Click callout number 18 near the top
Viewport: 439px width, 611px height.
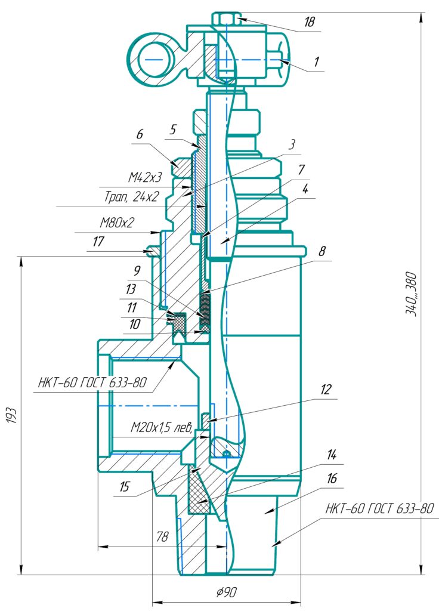[310, 21]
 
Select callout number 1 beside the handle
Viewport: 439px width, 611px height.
[316, 61]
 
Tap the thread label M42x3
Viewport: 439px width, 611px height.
[145, 178]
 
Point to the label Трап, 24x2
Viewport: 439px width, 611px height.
[131, 197]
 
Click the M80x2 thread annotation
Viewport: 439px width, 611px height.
[117, 223]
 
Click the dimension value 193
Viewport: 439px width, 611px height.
[11, 416]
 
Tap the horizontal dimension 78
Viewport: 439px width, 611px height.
[162, 536]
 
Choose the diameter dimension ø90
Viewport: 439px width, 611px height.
[226, 593]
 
